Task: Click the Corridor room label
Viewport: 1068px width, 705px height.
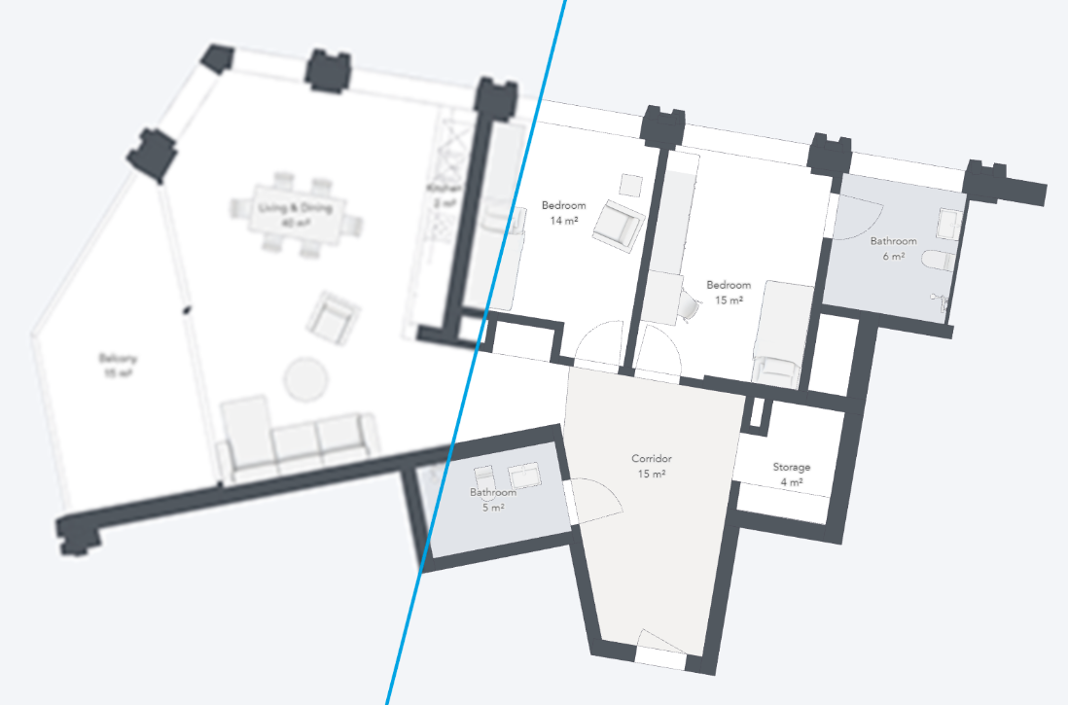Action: [651, 466]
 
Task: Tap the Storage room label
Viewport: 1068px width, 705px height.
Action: [791, 474]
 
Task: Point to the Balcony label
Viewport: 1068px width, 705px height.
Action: [116, 364]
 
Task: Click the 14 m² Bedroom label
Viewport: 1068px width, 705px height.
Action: [564, 212]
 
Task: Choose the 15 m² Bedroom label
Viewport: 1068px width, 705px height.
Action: [729, 292]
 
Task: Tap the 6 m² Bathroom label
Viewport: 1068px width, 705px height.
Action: [893, 248]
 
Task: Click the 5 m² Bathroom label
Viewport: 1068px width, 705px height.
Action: [493, 499]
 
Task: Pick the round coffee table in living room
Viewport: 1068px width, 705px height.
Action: [305, 379]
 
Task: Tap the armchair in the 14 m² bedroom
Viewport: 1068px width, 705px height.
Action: [619, 223]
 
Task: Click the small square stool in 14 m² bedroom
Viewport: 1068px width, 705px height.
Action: [630, 185]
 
